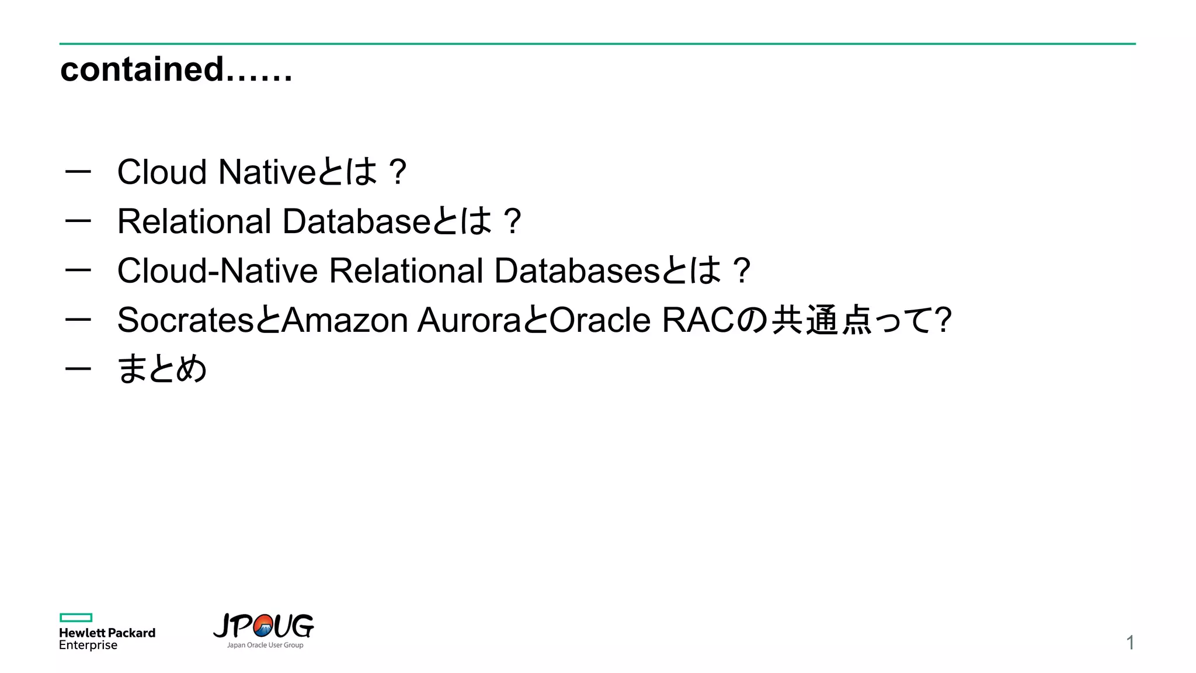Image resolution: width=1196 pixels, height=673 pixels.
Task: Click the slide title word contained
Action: point(142,70)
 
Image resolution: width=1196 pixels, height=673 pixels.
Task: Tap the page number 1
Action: point(1130,643)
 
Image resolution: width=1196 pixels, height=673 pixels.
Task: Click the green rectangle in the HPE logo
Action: point(76,618)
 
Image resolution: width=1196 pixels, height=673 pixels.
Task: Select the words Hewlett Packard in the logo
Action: point(107,633)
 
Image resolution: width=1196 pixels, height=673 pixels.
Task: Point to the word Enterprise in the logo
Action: point(88,646)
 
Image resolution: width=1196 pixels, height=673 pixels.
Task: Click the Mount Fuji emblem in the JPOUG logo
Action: point(263,626)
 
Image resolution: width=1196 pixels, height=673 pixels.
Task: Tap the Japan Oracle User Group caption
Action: point(265,646)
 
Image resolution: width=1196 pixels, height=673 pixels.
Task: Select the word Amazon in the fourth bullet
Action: point(345,320)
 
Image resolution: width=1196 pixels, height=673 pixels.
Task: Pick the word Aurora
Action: point(469,320)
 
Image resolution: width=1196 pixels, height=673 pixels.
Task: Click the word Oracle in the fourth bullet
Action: point(600,320)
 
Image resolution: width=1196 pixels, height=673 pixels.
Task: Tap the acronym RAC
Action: point(697,320)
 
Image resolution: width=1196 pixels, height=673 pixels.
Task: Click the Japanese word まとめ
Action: point(162,369)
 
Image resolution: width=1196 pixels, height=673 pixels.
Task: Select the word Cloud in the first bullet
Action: point(162,172)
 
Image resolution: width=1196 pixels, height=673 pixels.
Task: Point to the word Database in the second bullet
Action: point(356,221)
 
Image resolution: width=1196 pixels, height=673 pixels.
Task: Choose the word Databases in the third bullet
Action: point(577,271)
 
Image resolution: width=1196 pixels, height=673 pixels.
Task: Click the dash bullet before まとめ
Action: point(78,369)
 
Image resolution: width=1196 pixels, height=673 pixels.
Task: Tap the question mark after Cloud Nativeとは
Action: point(398,172)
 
